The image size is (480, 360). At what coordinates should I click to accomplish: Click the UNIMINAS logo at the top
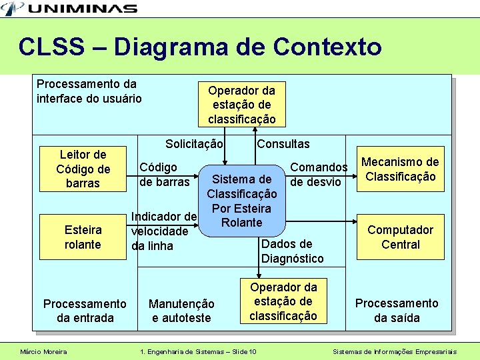click(x=70, y=8)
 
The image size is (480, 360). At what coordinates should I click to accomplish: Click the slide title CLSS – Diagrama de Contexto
click(x=200, y=47)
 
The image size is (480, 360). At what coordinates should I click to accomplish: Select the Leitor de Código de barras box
click(x=83, y=169)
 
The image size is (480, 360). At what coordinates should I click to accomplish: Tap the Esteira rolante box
click(x=83, y=237)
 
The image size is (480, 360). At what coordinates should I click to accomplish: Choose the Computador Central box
click(x=400, y=237)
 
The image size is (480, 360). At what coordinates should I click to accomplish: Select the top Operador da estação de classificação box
click(x=241, y=104)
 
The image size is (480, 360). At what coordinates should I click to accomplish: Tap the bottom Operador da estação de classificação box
click(x=283, y=301)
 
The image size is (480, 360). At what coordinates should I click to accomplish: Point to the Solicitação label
click(x=194, y=144)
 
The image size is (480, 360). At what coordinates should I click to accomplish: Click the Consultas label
click(x=283, y=144)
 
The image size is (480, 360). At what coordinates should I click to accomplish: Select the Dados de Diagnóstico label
click(x=292, y=251)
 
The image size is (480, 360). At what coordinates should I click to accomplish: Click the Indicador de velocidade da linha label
click(x=163, y=231)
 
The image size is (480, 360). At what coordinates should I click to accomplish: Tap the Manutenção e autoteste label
click(x=181, y=311)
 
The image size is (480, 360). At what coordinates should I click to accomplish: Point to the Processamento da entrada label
click(x=85, y=311)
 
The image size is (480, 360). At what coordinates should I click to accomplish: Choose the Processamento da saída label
click(x=397, y=311)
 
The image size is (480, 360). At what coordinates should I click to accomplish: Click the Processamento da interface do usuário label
click(x=89, y=91)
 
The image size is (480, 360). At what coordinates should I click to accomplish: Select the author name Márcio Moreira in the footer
click(x=43, y=351)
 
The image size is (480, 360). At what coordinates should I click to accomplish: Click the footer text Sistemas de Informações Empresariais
click(x=395, y=351)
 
